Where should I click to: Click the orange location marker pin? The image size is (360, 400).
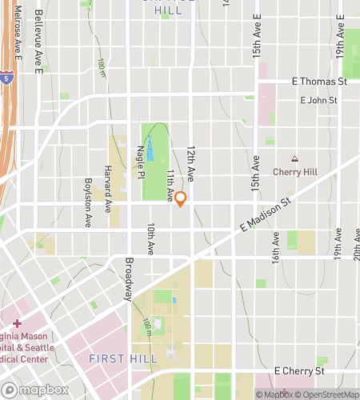click(181, 199)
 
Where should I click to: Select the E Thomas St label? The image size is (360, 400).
click(319, 82)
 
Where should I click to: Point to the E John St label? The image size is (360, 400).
click(318, 101)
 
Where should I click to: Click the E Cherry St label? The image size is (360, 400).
click(299, 371)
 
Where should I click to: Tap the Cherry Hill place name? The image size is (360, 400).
click(295, 171)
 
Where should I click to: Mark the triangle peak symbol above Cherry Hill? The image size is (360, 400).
click(294, 159)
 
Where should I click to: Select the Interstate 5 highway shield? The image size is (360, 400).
click(6, 78)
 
